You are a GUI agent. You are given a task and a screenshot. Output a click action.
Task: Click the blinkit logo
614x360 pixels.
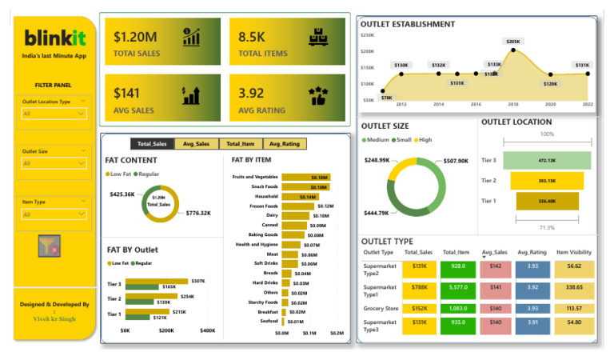coord(54,38)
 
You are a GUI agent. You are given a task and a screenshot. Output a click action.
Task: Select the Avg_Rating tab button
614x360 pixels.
coord(285,144)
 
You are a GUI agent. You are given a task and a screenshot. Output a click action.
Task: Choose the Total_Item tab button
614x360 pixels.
coord(241,144)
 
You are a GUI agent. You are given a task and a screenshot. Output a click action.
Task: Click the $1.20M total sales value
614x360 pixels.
coord(135,37)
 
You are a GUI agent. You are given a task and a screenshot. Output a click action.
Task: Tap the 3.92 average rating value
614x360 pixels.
coord(251,94)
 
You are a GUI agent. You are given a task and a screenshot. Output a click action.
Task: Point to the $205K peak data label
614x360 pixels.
coord(512,41)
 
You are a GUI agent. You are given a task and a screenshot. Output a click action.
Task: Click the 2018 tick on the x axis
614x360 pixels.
coord(513,105)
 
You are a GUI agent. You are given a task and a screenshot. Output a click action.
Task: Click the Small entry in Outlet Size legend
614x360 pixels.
coord(402,140)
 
